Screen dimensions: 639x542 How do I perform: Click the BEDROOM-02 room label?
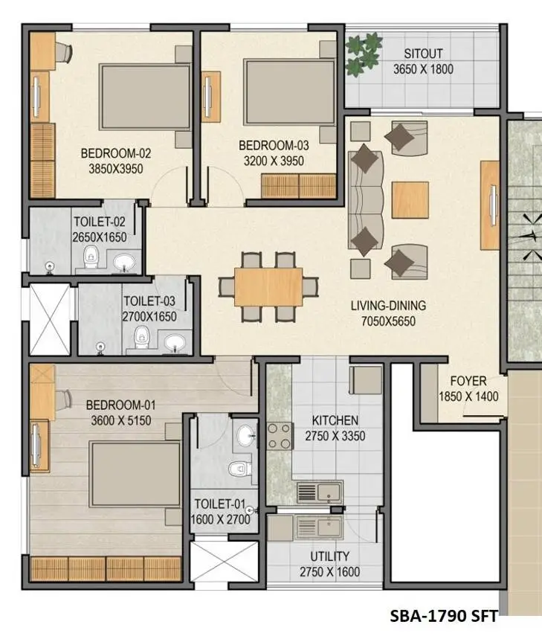click(115, 154)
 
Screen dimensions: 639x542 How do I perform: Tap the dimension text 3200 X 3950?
click(273, 160)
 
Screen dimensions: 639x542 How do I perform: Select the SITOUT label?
click(423, 54)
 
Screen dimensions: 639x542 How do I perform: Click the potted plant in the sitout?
click(364, 54)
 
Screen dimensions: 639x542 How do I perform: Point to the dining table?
click(268, 287)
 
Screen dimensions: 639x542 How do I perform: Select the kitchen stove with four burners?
click(279, 435)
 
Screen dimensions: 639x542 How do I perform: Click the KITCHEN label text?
click(335, 420)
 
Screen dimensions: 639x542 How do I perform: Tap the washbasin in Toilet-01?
click(243, 437)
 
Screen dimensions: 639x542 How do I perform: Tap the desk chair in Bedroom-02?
click(65, 51)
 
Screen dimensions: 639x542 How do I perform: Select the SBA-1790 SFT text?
click(443, 616)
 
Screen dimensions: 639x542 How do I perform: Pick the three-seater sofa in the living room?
click(364, 200)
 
